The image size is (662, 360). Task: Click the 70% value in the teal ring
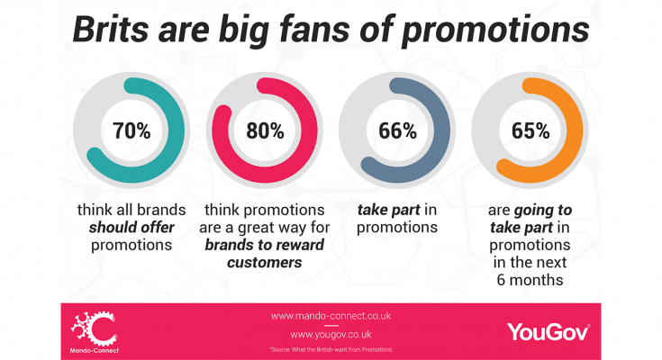(x=131, y=130)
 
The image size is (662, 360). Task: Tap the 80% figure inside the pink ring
(x=265, y=130)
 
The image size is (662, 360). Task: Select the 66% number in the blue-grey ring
(x=398, y=130)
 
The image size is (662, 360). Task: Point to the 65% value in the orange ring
(x=531, y=130)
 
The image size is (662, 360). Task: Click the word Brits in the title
(x=111, y=30)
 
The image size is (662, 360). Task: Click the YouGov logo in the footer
(x=549, y=332)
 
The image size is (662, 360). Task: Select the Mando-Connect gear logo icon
(x=95, y=328)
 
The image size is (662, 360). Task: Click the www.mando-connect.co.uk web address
(x=331, y=316)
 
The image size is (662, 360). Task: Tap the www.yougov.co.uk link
(x=331, y=335)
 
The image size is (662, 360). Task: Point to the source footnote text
(x=331, y=349)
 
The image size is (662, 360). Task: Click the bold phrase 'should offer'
(x=131, y=228)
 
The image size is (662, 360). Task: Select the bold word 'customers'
(x=265, y=263)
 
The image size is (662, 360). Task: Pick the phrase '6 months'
(x=530, y=280)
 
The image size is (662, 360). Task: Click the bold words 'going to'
(x=543, y=211)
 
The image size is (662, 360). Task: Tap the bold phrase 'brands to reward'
(x=265, y=245)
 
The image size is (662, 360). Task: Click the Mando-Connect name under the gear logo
(x=95, y=350)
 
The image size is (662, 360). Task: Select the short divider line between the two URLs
(x=331, y=326)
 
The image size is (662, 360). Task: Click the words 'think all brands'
(x=131, y=210)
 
